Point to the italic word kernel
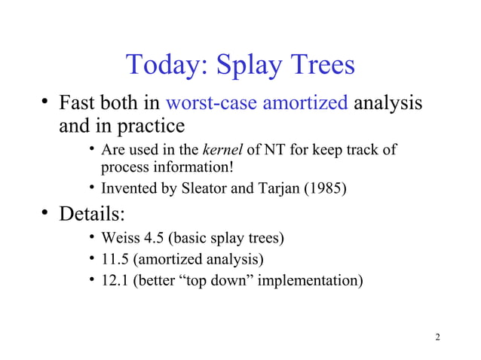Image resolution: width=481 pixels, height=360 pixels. point(222,150)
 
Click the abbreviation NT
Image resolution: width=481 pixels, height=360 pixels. point(274,150)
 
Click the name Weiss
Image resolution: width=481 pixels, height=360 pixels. point(119,240)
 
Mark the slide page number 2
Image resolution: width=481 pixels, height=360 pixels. point(438,336)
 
